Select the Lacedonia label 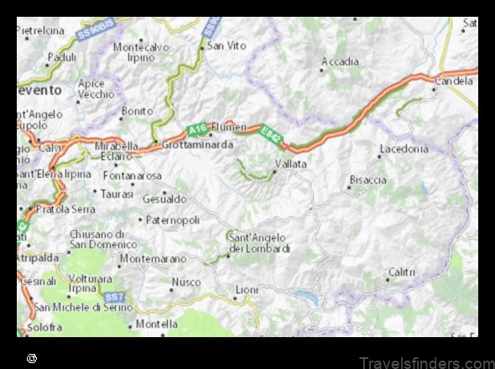(404, 148)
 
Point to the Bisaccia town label (367, 179)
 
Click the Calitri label (401, 272)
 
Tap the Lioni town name (247, 289)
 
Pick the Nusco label (185, 282)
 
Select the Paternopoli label (174, 220)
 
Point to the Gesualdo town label (164, 199)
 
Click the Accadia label (340, 61)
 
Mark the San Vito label (227, 45)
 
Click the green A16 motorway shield (195, 130)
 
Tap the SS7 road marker (114, 297)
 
